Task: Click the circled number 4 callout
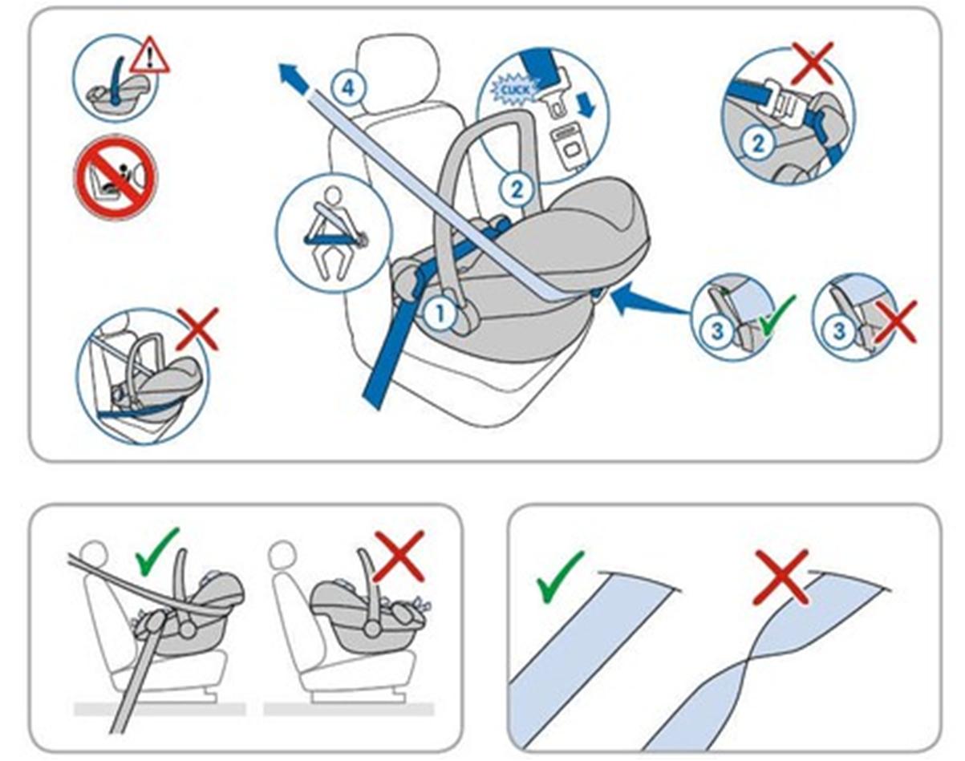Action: [x=349, y=88]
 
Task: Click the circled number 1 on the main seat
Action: [x=440, y=314]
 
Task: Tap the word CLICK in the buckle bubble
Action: [x=515, y=89]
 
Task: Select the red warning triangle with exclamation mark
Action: [x=150, y=55]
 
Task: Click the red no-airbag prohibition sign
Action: [x=116, y=177]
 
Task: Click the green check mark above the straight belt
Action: [x=561, y=577]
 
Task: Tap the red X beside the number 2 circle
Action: [x=812, y=63]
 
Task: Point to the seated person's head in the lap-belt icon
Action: [x=333, y=196]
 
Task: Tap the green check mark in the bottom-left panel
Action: [x=157, y=552]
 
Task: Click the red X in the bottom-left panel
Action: [x=399, y=557]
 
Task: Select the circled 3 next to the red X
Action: [x=839, y=332]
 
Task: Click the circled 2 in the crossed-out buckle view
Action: [x=757, y=144]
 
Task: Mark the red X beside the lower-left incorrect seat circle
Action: [x=198, y=329]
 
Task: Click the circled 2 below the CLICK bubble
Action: [x=517, y=189]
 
